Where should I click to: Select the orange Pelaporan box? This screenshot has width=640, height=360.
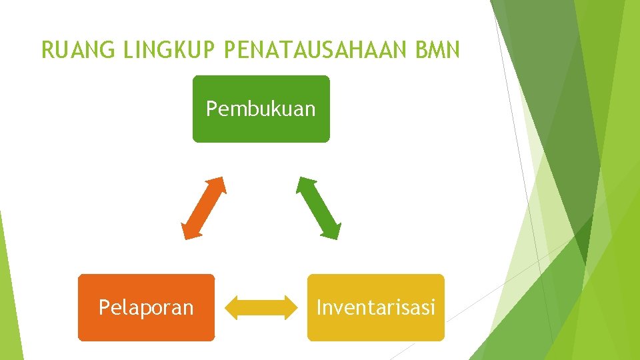pos(146,327)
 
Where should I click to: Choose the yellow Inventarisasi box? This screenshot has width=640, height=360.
pos(375,327)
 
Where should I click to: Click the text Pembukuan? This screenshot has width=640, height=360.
pos(261,109)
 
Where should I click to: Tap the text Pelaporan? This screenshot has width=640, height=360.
pos(146,307)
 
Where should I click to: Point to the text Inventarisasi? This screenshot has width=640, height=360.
pos(375,307)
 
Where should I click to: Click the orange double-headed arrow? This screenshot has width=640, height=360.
pos(204,207)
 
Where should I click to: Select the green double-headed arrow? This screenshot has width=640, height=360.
pos(319,207)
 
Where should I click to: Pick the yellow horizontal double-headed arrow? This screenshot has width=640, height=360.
pos(261,307)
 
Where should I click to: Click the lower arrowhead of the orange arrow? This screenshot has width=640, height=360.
pos(189,231)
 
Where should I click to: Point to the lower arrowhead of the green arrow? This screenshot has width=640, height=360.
pos(333,231)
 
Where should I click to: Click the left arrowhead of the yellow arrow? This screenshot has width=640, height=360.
pos(233,307)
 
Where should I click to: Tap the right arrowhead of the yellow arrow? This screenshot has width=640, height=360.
pos(289,307)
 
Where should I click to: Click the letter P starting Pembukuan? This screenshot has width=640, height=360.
pos(211,109)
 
